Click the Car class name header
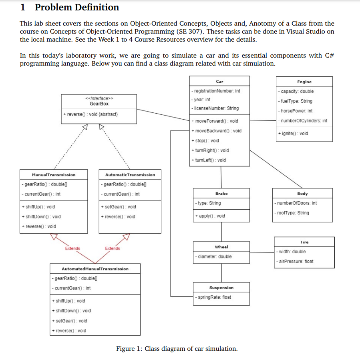coord(219,81)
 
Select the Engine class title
coord(304,82)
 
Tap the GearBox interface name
coord(99,104)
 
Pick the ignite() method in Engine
coord(293,134)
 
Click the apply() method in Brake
coord(210,216)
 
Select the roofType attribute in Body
coord(292,213)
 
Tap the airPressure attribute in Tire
coord(295,262)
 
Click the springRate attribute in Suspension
coord(213,297)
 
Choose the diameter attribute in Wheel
coord(213,257)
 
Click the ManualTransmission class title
coord(54,175)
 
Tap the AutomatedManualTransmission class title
coord(95,269)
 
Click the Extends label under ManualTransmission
coord(72,248)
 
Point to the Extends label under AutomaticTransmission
coord(113,248)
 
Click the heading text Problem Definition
coord(77,7)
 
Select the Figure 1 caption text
coord(177,349)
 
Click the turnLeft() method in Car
coord(209,160)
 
